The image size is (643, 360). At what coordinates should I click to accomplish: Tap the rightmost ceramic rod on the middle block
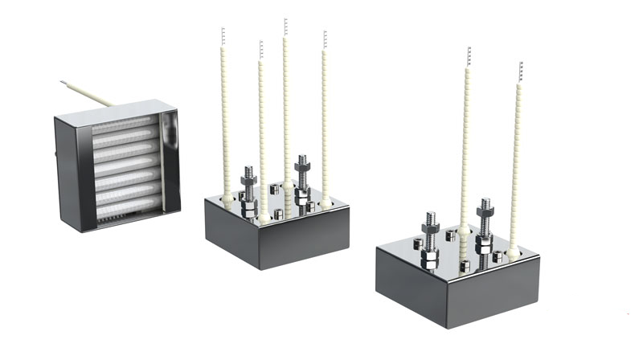point(325,121)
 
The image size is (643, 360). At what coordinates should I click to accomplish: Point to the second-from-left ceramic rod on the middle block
point(260,129)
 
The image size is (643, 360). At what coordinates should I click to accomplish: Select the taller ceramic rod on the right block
point(466,145)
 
